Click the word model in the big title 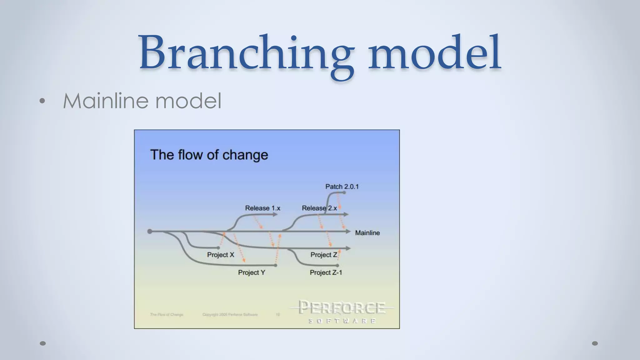pos(434,53)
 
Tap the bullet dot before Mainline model pos(42,101)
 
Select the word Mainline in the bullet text pos(106,101)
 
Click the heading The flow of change pos(209,155)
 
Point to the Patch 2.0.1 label pos(342,187)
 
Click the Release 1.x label pos(262,208)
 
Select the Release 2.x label pos(319,208)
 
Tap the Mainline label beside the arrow pos(367,233)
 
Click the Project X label pos(220,255)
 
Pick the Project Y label pos(251,272)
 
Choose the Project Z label pos(324,255)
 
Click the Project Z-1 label pos(326,272)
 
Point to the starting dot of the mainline pos(150,231)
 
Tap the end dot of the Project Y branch pos(275,265)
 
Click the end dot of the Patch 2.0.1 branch pos(344,192)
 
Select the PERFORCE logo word pos(342,307)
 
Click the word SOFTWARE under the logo pos(342,321)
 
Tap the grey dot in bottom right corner pos(595,343)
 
